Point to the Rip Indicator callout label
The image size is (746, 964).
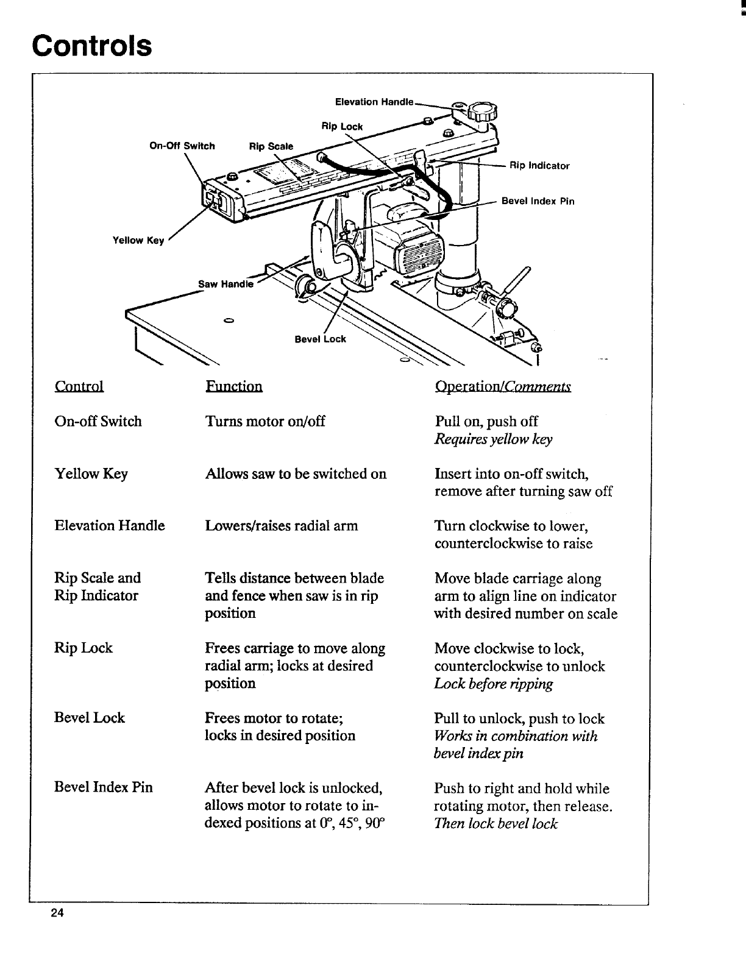pos(539,166)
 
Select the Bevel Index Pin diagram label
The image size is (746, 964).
pos(538,201)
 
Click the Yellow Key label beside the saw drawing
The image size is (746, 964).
pos(138,241)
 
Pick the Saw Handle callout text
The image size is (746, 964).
pos(226,284)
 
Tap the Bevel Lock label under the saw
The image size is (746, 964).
pos(320,339)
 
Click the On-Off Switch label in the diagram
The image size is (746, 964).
pos(182,146)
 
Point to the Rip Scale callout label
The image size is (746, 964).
pos(271,146)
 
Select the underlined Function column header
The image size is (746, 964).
pos(234,386)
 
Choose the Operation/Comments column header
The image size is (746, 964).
pos(503,386)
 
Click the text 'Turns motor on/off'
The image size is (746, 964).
pos(265,421)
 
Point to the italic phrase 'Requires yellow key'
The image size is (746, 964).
pos(494,439)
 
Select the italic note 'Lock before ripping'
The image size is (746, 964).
pos(494,684)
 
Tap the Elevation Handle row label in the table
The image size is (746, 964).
pos(110,525)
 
